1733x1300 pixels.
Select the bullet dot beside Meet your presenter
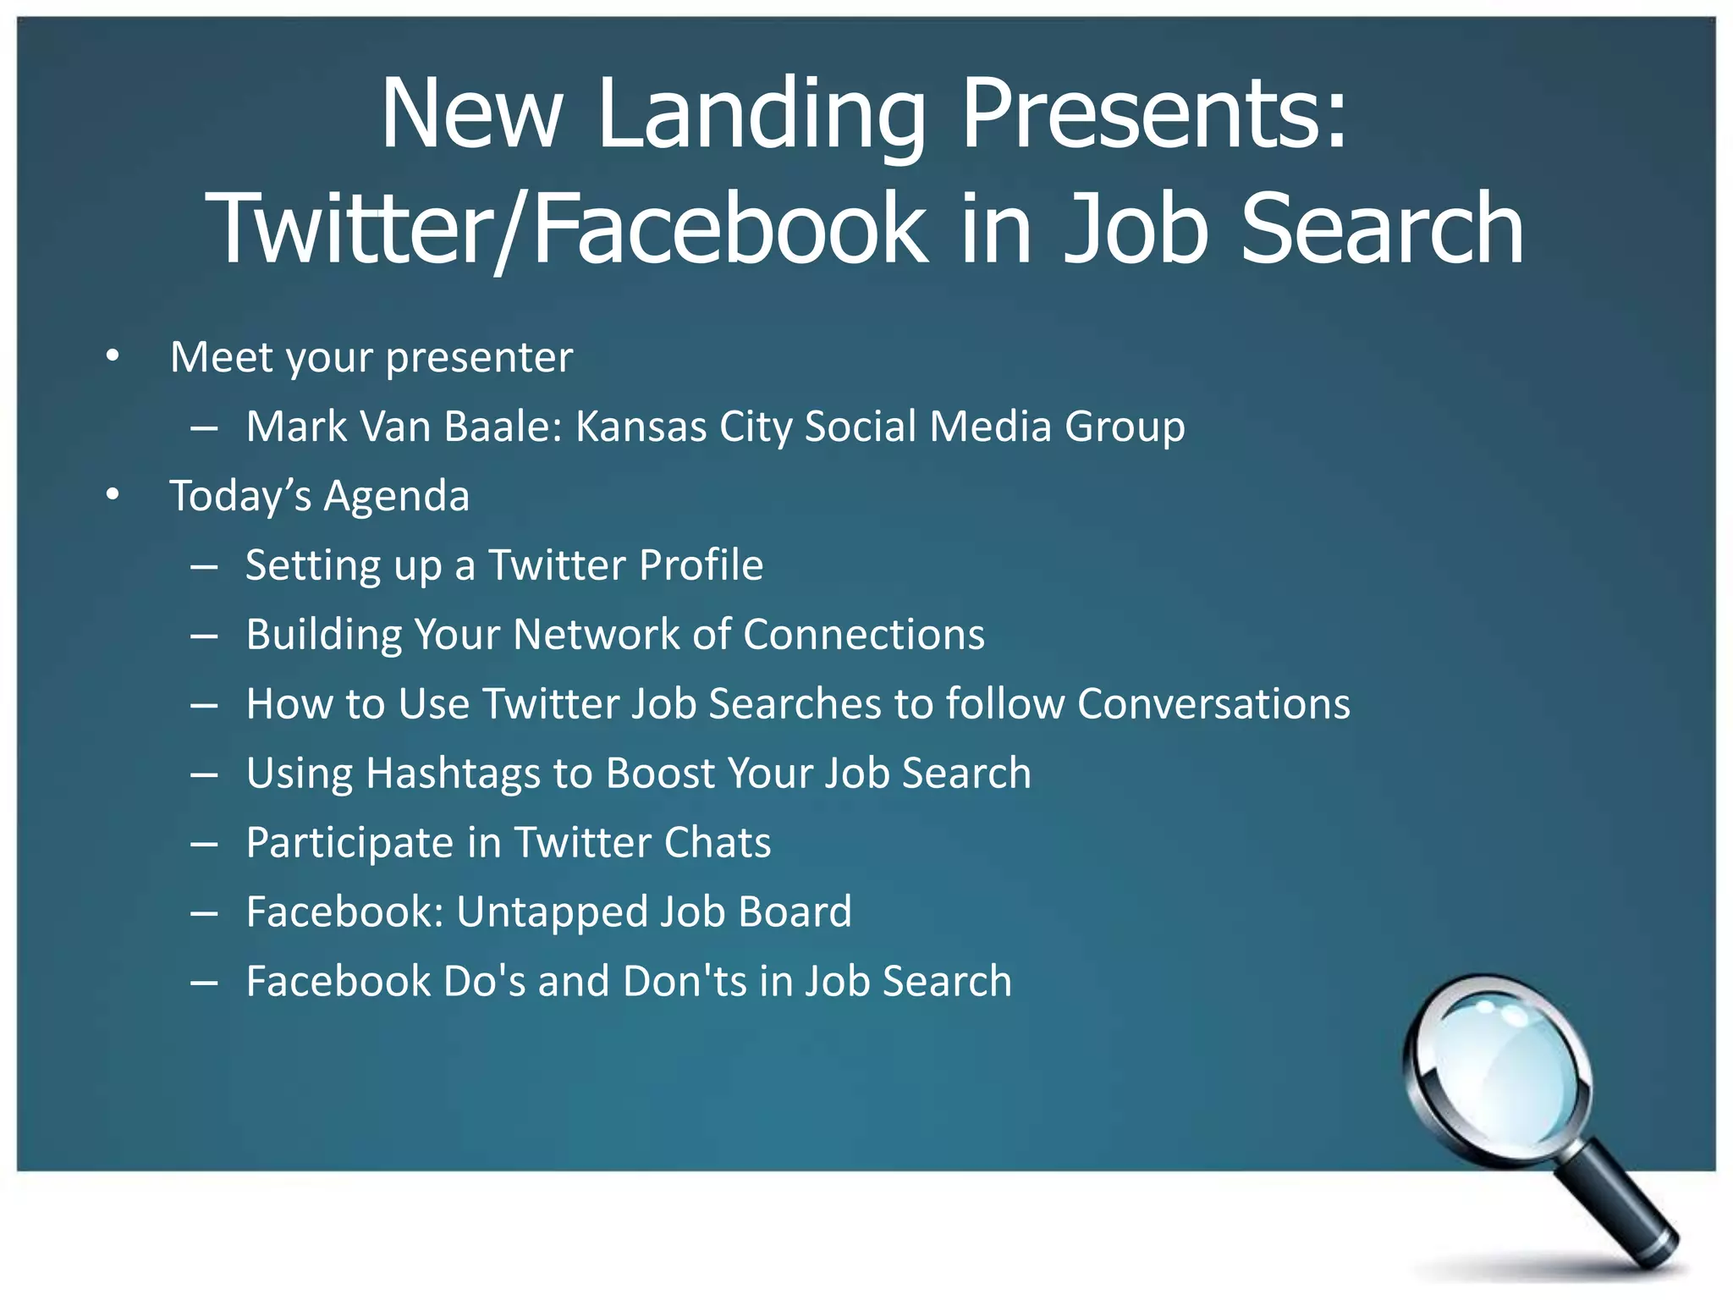(x=113, y=356)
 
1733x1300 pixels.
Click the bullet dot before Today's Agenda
(x=113, y=495)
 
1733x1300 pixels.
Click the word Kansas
(x=641, y=426)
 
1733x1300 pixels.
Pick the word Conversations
(x=1213, y=703)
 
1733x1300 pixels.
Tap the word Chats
(x=717, y=842)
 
